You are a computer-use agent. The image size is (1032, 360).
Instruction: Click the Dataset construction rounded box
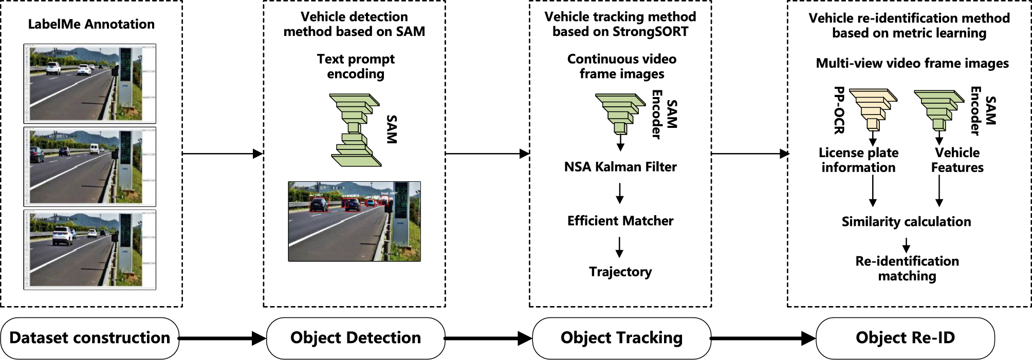90,338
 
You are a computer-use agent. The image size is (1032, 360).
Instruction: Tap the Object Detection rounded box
355,338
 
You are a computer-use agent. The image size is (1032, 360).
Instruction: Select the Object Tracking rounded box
621,338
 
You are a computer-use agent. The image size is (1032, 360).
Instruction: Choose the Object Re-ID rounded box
905,338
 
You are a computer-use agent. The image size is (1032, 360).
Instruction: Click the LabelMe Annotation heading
91,24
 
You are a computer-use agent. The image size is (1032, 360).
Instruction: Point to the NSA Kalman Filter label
620,167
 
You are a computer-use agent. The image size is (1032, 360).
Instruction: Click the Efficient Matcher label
620,221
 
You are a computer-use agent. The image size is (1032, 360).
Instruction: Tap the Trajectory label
620,272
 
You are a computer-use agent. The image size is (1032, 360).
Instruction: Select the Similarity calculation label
906,222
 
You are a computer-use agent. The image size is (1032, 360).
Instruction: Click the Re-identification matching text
907,269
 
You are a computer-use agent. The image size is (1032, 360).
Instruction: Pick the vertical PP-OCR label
839,110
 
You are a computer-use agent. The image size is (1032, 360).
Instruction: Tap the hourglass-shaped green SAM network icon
356,130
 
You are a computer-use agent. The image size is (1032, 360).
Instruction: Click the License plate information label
858,160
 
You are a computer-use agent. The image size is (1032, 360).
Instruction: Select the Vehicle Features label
957,160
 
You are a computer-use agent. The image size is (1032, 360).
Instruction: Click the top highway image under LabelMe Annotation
90,84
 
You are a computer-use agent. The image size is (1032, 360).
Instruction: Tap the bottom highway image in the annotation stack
90,250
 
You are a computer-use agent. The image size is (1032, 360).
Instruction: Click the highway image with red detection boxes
354,221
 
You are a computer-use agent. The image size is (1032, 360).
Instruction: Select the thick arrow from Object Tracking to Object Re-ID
763,338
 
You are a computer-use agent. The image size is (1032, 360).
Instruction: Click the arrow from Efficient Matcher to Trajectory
620,247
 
